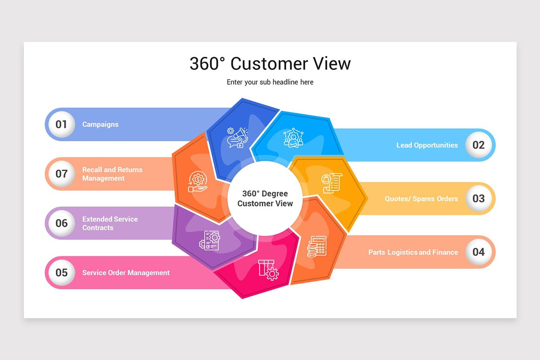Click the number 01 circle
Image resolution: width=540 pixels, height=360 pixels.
[61, 124]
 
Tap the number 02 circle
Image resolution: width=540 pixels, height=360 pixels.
[478, 145]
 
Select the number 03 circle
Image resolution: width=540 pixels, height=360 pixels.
[478, 198]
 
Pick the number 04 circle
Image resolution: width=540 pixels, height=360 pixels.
[478, 252]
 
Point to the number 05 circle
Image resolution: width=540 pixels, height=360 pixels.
[61, 273]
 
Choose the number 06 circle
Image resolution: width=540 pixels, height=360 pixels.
[61, 223]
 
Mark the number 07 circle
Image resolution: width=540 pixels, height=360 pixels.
[61, 174]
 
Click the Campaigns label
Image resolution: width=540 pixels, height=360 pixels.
[100, 124]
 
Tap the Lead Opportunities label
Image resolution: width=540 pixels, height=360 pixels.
[427, 145]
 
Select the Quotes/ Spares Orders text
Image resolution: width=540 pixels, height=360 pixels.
[421, 198]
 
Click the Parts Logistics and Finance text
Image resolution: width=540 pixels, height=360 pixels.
[413, 252]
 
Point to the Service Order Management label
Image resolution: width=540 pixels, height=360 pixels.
[126, 273]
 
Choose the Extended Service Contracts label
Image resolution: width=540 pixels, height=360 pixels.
[110, 223]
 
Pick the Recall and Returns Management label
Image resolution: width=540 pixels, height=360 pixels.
[112, 174]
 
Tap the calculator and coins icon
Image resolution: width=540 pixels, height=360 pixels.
[317, 246]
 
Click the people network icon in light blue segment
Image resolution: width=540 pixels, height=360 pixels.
[293, 138]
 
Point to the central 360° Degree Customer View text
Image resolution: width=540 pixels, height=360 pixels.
[265, 198]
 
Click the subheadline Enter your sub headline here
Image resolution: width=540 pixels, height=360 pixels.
[270, 82]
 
